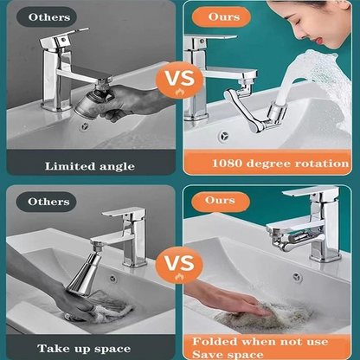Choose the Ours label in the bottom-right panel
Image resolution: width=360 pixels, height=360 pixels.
coord(220,201)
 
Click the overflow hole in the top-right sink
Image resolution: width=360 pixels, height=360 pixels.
coord(223,136)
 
